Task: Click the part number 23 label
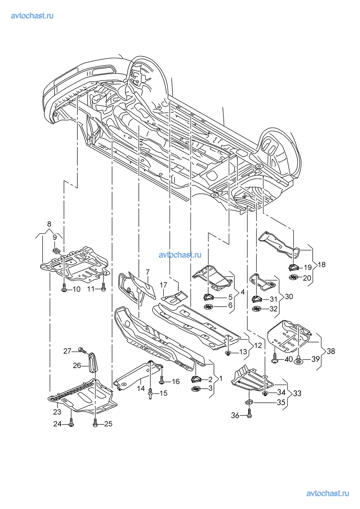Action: click(x=57, y=412)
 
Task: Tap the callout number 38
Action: click(x=330, y=351)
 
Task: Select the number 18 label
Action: click(x=321, y=264)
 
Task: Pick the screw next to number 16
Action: click(x=162, y=381)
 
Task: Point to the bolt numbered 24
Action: click(x=71, y=423)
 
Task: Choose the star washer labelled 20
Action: click(x=294, y=277)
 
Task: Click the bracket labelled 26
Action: click(x=93, y=362)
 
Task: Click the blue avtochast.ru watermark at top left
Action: click(x=32, y=16)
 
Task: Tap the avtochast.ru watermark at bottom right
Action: click(x=327, y=493)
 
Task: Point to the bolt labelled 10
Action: click(x=64, y=289)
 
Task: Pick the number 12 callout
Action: click(x=258, y=345)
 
